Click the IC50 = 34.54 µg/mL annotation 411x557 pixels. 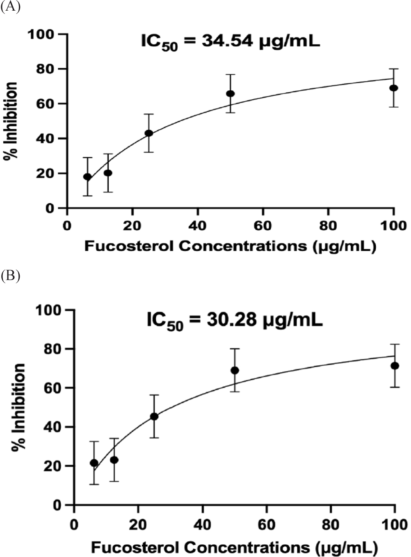pyautogui.click(x=230, y=42)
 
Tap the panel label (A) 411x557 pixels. pyautogui.click(x=10, y=7)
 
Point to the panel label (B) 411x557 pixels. pyautogui.click(x=10, y=276)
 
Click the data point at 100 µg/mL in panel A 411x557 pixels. pyautogui.click(x=394, y=88)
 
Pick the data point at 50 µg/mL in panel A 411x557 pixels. pyautogui.click(x=231, y=94)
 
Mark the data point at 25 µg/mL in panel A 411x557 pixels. pyautogui.click(x=149, y=133)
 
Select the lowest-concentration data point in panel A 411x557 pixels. pyautogui.click(x=87, y=177)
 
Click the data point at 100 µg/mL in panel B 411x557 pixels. pyautogui.click(x=395, y=366)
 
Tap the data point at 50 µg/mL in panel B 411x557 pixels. pyautogui.click(x=235, y=370)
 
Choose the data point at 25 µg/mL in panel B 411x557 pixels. pyautogui.click(x=154, y=416)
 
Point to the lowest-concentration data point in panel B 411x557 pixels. pyautogui.click(x=94, y=463)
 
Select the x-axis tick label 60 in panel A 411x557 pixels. pyautogui.click(x=263, y=226)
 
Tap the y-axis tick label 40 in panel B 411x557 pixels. pyautogui.click(x=53, y=427)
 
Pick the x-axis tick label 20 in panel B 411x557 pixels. pyautogui.click(x=138, y=525)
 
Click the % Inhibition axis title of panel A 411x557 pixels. pyautogui.click(x=11, y=121)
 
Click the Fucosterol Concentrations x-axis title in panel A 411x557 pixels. pyautogui.click(x=230, y=246)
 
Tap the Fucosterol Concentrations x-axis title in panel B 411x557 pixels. pyautogui.click(x=234, y=547)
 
